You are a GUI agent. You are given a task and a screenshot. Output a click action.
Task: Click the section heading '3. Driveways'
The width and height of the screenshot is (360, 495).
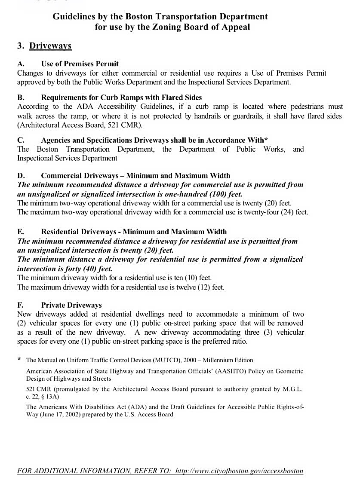[x=44, y=46]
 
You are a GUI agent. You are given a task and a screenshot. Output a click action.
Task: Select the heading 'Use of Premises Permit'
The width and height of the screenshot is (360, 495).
[x=80, y=64]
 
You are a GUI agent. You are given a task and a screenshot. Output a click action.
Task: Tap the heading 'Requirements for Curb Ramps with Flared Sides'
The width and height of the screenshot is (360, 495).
[x=121, y=98]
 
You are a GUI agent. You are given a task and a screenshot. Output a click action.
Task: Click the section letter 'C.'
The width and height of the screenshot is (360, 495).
[x=21, y=140]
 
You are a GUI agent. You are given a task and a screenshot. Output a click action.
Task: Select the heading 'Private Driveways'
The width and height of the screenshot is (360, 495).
[x=71, y=305]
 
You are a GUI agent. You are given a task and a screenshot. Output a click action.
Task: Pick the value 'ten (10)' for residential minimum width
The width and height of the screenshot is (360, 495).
[x=173, y=278]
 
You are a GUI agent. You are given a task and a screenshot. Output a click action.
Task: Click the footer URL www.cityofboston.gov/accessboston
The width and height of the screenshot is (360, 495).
[x=240, y=471]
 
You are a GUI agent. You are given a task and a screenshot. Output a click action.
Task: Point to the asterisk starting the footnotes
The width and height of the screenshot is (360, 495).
[x=19, y=360]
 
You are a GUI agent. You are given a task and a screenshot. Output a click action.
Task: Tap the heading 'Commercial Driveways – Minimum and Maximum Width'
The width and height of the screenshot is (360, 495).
[x=135, y=175]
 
